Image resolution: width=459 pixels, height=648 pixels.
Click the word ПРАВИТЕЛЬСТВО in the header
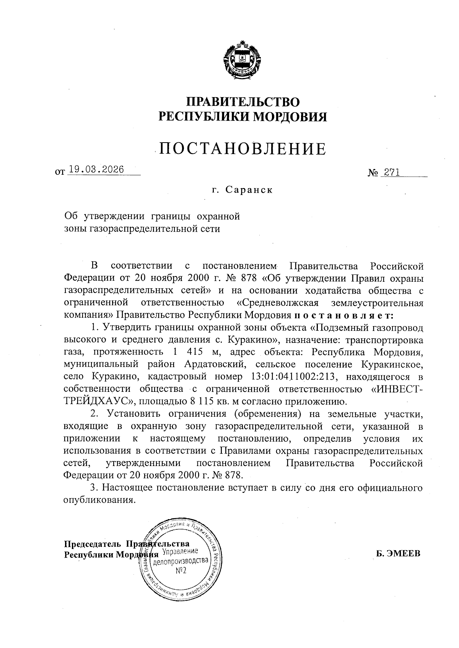[243, 102]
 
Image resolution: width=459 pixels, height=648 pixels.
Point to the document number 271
[392, 172]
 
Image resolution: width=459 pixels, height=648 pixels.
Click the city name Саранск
[249, 190]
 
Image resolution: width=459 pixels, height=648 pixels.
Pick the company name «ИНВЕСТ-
[397, 389]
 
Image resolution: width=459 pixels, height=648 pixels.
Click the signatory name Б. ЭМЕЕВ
[398, 554]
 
